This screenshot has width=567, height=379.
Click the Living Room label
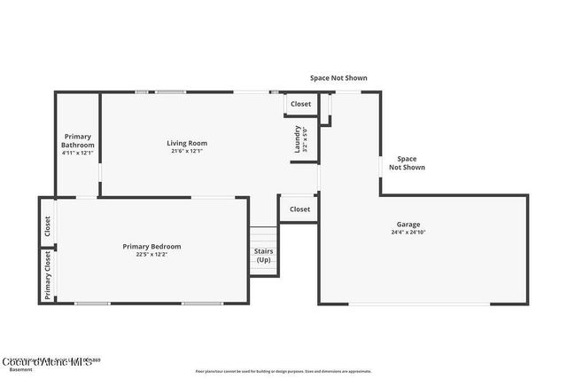pos(187,143)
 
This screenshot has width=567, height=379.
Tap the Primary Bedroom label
pos(151,246)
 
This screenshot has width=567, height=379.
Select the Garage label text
pos(408,225)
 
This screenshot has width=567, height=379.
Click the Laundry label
pos(298,138)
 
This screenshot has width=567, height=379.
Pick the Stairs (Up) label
pos(264,256)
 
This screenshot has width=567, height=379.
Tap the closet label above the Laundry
pos(300,104)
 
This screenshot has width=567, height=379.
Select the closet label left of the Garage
pos(299,209)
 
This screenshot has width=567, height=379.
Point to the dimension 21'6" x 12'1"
pos(187,151)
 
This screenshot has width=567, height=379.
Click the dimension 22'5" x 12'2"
pos(151,255)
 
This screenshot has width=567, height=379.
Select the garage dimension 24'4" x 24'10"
pos(408,233)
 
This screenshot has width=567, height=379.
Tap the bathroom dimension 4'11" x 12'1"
pos(78,153)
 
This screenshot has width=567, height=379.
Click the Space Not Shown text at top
pos(338,78)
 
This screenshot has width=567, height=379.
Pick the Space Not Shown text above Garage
pos(408,163)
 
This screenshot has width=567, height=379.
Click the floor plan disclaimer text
pos(283,371)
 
